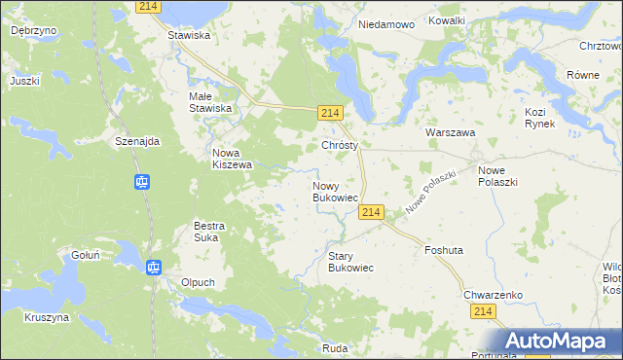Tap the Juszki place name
tap(25, 81)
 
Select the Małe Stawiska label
tap(209, 102)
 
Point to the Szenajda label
tap(136, 140)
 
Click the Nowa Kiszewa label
tap(232, 159)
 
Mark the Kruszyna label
tap(47, 317)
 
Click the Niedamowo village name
tap(386, 23)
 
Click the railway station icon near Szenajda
tap(141, 182)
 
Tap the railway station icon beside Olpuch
tap(153, 268)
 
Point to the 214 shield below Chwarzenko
tap(484, 310)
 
